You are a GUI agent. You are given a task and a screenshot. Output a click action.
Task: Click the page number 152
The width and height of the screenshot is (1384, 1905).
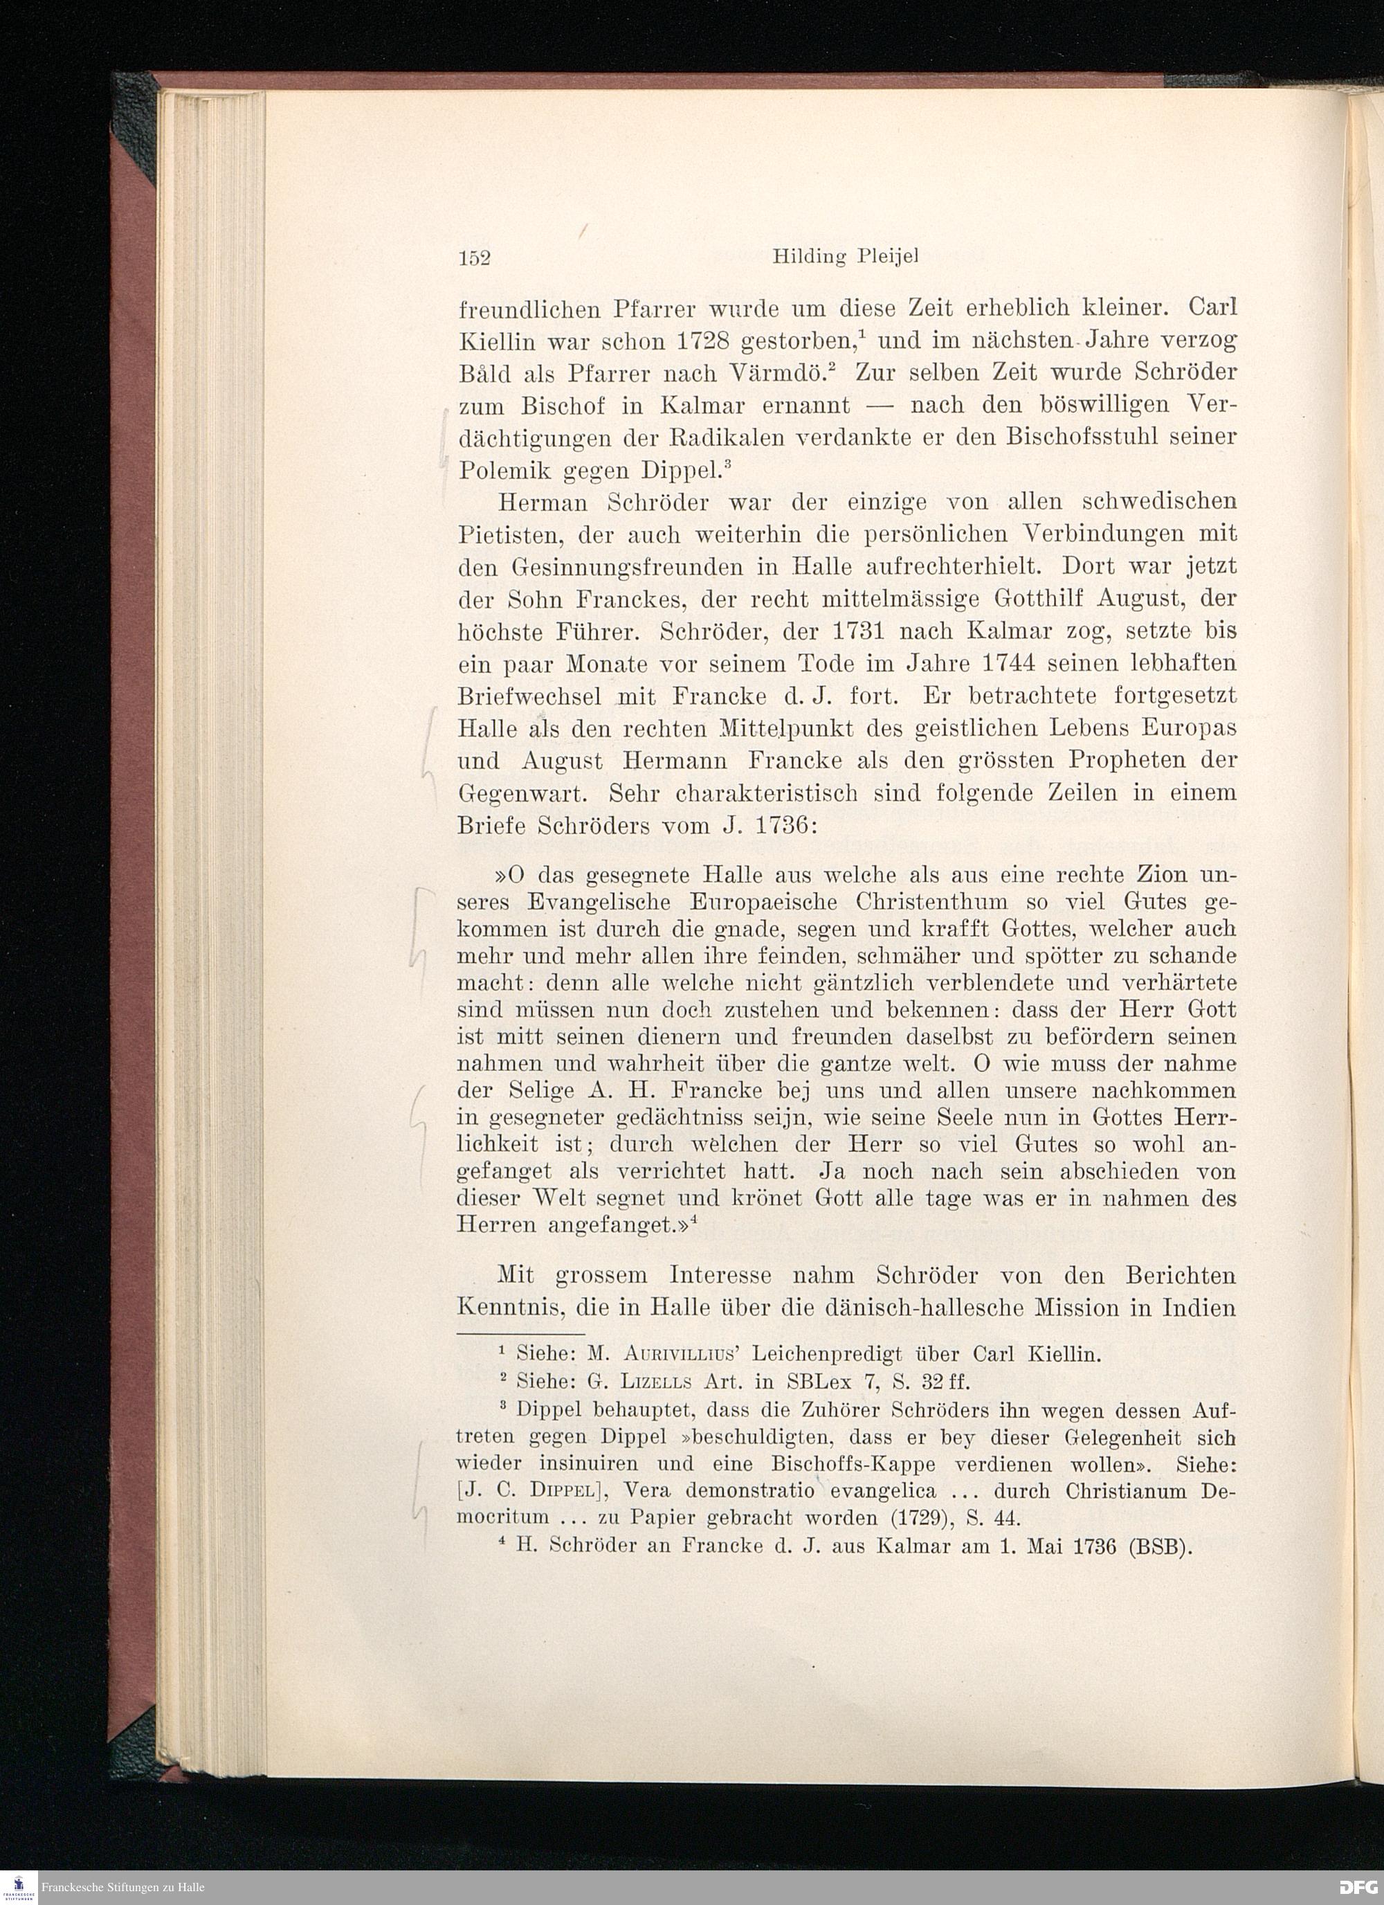click(475, 259)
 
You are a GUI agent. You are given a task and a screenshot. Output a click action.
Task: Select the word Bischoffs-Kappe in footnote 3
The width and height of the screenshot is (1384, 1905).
click(854, 1465)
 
